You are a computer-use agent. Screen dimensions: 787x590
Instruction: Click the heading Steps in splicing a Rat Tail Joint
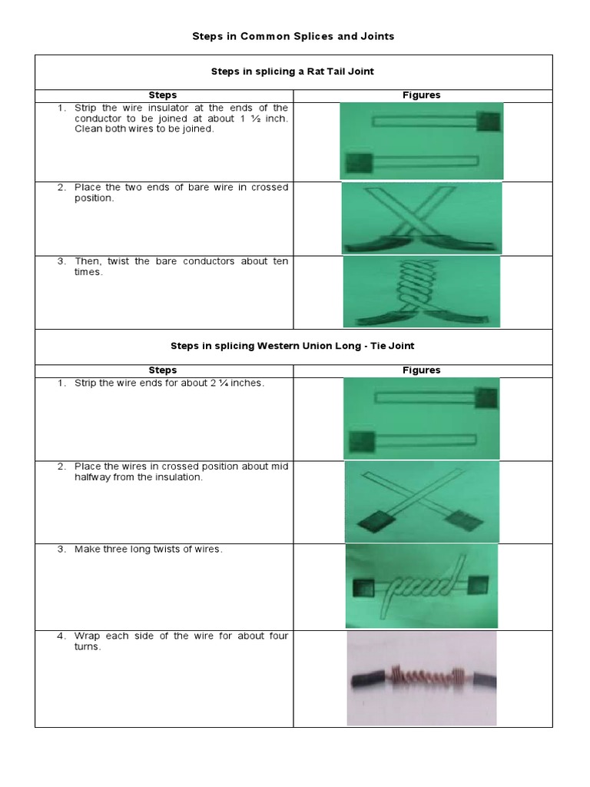pyautogui.click(x=292, y=71)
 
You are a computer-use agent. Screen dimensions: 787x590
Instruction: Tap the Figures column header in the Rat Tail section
pyautogui.click(x=422, y=95)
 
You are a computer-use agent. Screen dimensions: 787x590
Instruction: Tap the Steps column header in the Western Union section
pyautogui.click(x=163, y=370)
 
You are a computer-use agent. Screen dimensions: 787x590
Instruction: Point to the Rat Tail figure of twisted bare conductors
pyautogui.click(x=421, y=292)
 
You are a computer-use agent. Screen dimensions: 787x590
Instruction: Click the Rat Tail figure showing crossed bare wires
pyautogui.click(x=421, y=218)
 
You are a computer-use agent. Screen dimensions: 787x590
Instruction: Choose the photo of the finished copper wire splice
pyautogui.click(x=421, y=678)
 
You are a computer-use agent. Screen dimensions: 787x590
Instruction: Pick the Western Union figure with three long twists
pyautogui.click(x=421, y=586)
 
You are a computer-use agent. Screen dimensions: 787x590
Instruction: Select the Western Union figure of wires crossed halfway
pyautogui.click(x=421, y=502)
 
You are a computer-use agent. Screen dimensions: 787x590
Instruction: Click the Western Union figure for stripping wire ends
pyautogui.click(x=421, y=418)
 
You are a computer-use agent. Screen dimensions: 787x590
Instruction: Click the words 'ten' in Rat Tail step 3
pyautogui.click(x=280, y=261)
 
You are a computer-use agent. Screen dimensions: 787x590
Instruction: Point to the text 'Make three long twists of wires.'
pyautogui.click(x=148, y=550)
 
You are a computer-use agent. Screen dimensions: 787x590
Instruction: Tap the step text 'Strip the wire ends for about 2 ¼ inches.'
pyautogui.click(x=169, y=383)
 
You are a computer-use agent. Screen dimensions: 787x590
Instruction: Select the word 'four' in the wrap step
pyautogui.click(x=278, y=636)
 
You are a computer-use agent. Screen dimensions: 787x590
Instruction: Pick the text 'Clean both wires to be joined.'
pyautogui.click(x=144, y=129)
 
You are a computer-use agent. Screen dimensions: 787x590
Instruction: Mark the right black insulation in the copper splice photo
pyautogui.click(x=482, y=680)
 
